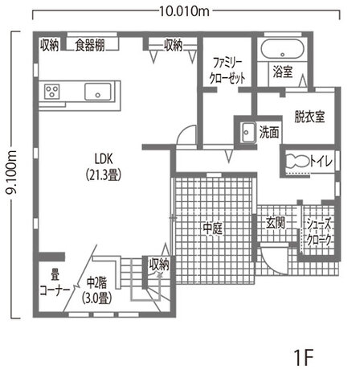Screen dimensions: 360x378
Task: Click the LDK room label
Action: coord(104,167)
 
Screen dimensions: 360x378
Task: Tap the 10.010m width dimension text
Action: coord(185,11)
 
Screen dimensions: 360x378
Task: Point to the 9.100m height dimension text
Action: coord(11,172)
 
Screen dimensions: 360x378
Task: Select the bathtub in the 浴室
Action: coord(283,49)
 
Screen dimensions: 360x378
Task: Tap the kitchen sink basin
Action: coord(98,92)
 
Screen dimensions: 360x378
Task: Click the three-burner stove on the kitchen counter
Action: coord(52,92)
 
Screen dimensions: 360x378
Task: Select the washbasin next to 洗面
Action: coord(247,133)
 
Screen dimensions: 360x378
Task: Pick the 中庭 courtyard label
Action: coord(213,228)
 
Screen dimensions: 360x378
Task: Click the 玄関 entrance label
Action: coord(276,223)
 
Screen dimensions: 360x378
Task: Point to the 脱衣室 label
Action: coord(309,117)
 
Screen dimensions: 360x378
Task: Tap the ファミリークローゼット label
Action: coord(227,71)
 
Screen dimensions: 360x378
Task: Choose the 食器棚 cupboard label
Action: coord(90,45)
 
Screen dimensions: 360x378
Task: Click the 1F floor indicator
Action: coord(304,357)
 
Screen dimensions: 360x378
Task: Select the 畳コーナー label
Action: coord(55,283)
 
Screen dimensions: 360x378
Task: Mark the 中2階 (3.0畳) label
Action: coord(96,290)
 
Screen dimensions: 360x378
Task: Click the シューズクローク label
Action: coord(319,232)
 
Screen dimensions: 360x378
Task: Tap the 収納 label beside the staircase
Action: coord(159,265)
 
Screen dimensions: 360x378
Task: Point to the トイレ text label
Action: coord(322,162)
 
